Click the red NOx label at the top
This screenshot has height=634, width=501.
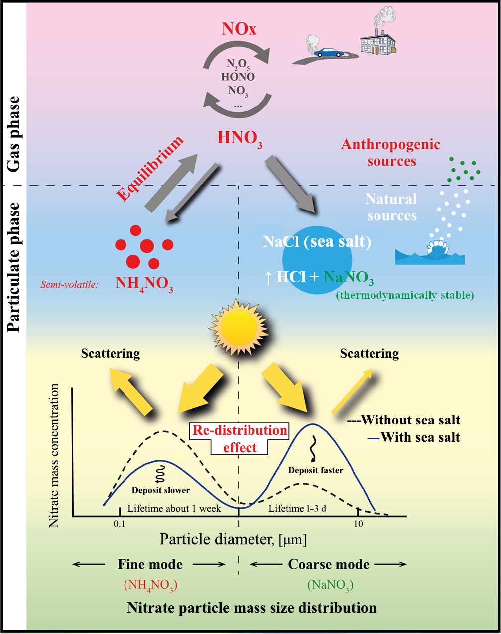coord(239,29)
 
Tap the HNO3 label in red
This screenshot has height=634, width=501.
coord(240,138)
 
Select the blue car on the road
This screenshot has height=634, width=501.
coord(328,52)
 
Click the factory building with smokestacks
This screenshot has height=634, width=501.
coord(378,42)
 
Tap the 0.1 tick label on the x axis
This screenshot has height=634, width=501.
coord(119,524)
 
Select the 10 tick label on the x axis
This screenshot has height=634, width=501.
coord(358,524)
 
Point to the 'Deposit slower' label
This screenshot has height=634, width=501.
coord(160,490)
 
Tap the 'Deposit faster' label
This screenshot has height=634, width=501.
coord(316,470)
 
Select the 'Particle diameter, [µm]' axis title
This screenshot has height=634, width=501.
coord(233,539)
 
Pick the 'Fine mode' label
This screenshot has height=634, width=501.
coord(150,564)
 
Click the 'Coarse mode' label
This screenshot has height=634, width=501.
coord(329,564)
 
